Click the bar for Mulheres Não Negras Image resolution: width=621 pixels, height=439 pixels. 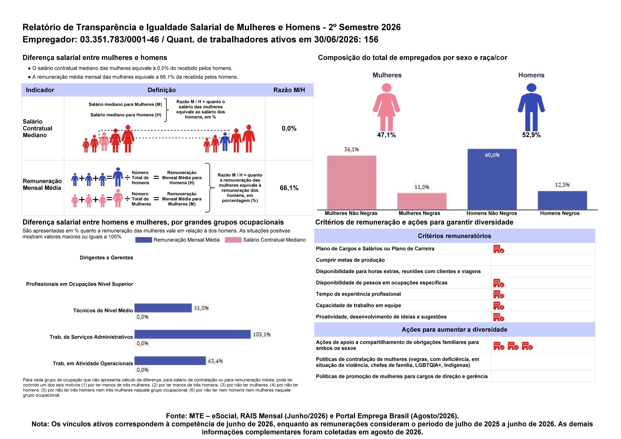coord(351,183)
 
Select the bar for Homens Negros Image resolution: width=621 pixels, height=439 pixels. coord(562,200)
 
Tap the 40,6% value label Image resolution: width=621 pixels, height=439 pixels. coord(492,155)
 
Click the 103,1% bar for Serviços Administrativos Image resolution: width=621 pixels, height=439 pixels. coord(192,334)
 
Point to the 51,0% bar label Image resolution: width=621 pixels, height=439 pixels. coord(201,308)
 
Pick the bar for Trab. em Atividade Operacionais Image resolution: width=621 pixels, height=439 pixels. coord(170,360)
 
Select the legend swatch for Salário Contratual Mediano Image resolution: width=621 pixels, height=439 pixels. coord(233,240)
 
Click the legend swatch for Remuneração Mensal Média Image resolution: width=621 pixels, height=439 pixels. coord(144,240)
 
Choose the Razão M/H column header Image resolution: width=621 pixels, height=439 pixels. coord(289,90)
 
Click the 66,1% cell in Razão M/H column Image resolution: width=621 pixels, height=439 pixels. coord(289,188)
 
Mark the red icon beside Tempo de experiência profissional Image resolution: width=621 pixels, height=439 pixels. coord(499,294)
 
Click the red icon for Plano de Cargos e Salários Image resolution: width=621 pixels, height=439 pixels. coord(499,249)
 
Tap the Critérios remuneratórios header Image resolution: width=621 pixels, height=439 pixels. coord(454,236)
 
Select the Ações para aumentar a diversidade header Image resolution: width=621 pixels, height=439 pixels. coord(454,330)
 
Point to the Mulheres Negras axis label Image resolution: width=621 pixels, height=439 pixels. coord(419,213)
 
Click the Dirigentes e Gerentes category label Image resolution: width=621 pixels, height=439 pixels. coord(106,258)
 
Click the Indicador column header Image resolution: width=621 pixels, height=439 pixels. coord(40,90)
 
